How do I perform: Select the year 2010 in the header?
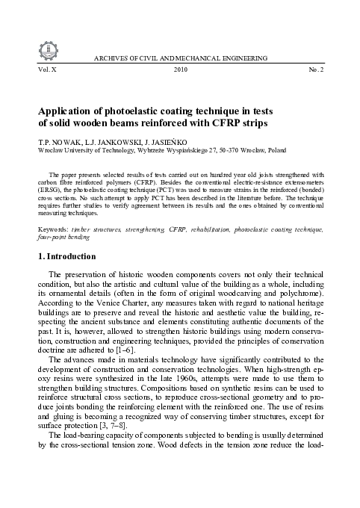tap(180, 69)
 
